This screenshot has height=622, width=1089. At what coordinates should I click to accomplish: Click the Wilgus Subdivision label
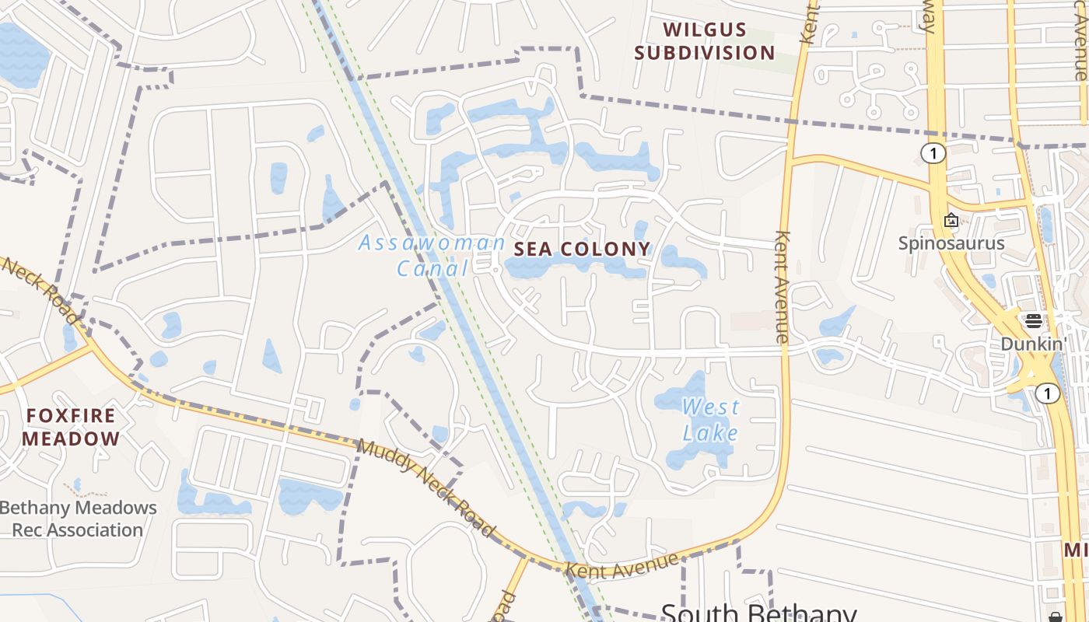705,42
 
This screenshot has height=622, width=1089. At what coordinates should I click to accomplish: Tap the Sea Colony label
582,249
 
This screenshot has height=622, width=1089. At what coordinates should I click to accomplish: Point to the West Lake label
710,419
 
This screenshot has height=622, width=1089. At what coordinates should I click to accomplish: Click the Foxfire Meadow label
71,427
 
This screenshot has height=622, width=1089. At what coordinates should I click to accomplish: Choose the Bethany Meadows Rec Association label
78,519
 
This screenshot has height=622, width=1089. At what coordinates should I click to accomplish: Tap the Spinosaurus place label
951,243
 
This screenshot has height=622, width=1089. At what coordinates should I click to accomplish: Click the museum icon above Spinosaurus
951,221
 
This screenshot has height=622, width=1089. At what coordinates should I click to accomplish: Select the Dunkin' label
1033,344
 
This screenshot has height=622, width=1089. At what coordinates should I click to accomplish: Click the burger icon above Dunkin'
1034,321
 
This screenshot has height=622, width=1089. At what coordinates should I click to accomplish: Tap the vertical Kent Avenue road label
783,287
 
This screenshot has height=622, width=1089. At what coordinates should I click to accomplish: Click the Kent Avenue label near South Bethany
622,565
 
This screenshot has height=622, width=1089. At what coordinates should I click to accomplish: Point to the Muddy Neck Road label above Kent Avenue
425,487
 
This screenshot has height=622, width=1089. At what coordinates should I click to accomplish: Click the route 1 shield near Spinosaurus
933,153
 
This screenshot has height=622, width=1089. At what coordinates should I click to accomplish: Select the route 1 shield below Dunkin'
1048,394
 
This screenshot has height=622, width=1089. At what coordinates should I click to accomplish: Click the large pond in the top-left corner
22,54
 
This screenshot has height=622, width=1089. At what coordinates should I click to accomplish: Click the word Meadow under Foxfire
71,439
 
